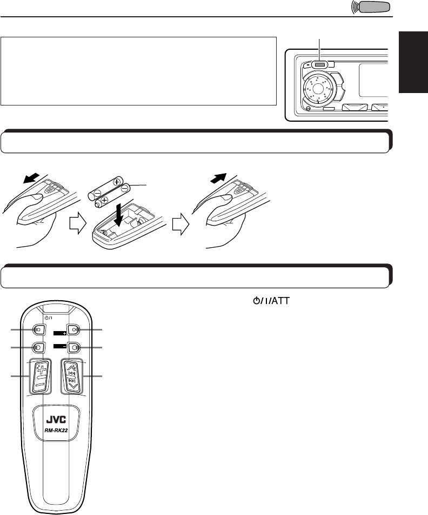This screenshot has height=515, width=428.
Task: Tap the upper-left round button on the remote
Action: [x=39, y=329]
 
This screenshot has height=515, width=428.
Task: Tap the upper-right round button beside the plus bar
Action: [x=74, y=329]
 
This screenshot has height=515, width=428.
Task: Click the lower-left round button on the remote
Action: [x=39, y=347]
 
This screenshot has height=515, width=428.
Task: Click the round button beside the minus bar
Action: [x=74, y=347]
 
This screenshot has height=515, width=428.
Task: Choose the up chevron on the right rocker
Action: [x=72, y=367]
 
